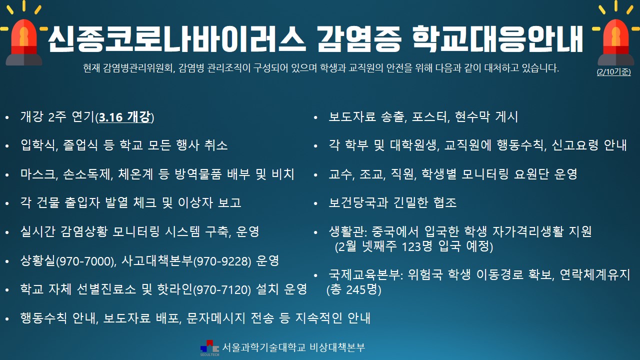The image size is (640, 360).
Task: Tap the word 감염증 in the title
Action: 359,39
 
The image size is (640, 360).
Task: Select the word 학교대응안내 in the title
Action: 497,39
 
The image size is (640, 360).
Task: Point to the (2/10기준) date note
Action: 613,71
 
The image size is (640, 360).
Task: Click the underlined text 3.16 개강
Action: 124,117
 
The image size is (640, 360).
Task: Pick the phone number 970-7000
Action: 85,261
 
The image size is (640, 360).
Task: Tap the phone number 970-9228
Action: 223,261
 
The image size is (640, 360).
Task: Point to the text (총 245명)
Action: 354,289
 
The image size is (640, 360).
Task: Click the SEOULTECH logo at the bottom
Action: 209,348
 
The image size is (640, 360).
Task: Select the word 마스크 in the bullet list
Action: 37,174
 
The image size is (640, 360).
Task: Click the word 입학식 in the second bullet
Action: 37,145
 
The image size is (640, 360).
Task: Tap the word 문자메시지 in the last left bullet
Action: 215,318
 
